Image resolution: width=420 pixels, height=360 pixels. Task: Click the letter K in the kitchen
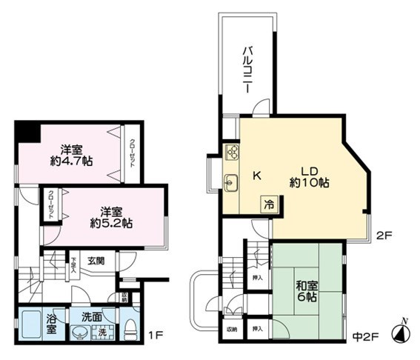coord(257,176)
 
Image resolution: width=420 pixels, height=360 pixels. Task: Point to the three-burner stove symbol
coord(231,153)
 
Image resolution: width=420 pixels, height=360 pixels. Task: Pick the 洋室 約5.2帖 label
coord(106,216)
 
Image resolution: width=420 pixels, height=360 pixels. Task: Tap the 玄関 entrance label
coord(96,261)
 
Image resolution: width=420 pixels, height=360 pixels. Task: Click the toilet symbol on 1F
coord(130,330)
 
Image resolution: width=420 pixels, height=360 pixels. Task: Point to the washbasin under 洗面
coord(79,333)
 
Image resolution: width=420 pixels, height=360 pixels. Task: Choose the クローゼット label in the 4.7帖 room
coord(132,154)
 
